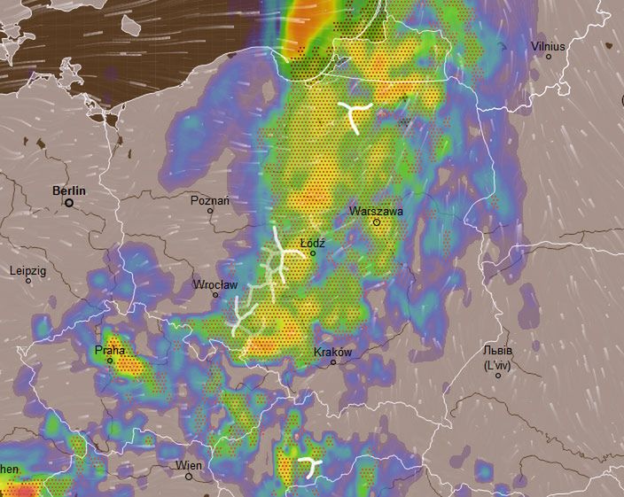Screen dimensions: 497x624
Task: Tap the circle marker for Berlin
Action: [69, 203]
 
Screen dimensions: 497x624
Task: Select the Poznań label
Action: [210, 200]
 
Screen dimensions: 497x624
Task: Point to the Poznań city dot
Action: [211, 211]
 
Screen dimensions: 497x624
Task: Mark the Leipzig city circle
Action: [28, 281]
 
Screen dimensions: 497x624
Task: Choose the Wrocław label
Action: [215, 284]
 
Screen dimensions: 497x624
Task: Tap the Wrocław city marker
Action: [215, 294]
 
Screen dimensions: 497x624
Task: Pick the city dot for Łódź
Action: [313, 252]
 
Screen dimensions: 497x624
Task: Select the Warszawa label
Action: [377, 212]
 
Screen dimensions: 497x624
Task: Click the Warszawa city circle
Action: [377, 222]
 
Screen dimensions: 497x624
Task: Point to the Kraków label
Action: [333, 352]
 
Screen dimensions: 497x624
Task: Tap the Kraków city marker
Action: [333, 361]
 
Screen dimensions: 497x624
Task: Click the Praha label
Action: [110, 350]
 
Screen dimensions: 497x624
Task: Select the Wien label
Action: [189, 465]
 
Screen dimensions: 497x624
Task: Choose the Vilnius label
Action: [548, 45]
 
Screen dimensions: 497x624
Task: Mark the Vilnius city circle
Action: [549, 57]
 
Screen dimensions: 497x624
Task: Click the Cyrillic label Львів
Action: [498, 351]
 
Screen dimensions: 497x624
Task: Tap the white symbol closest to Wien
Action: [309, 466]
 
